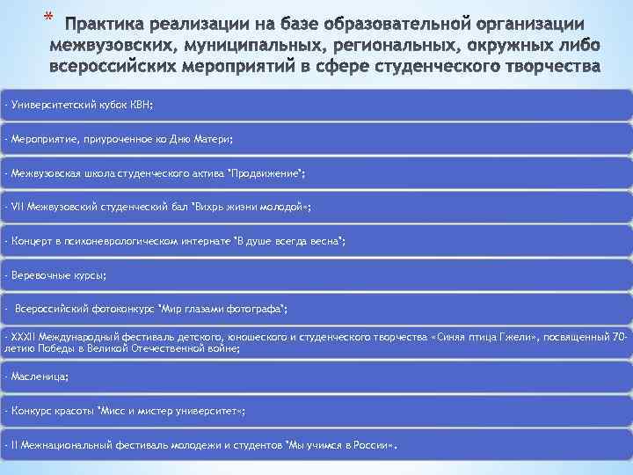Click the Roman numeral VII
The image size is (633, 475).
(x=18, y=207)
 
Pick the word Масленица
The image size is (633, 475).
(x=38, y=377)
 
